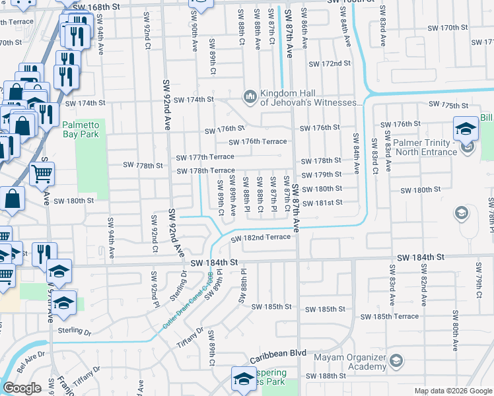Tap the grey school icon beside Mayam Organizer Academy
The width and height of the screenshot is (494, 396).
(396, 361)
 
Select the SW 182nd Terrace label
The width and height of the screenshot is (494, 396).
(265, 237)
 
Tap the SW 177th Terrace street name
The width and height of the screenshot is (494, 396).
(205, 156)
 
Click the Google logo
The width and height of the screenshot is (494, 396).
(22, 388)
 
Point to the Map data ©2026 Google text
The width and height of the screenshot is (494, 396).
(452, 391)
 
